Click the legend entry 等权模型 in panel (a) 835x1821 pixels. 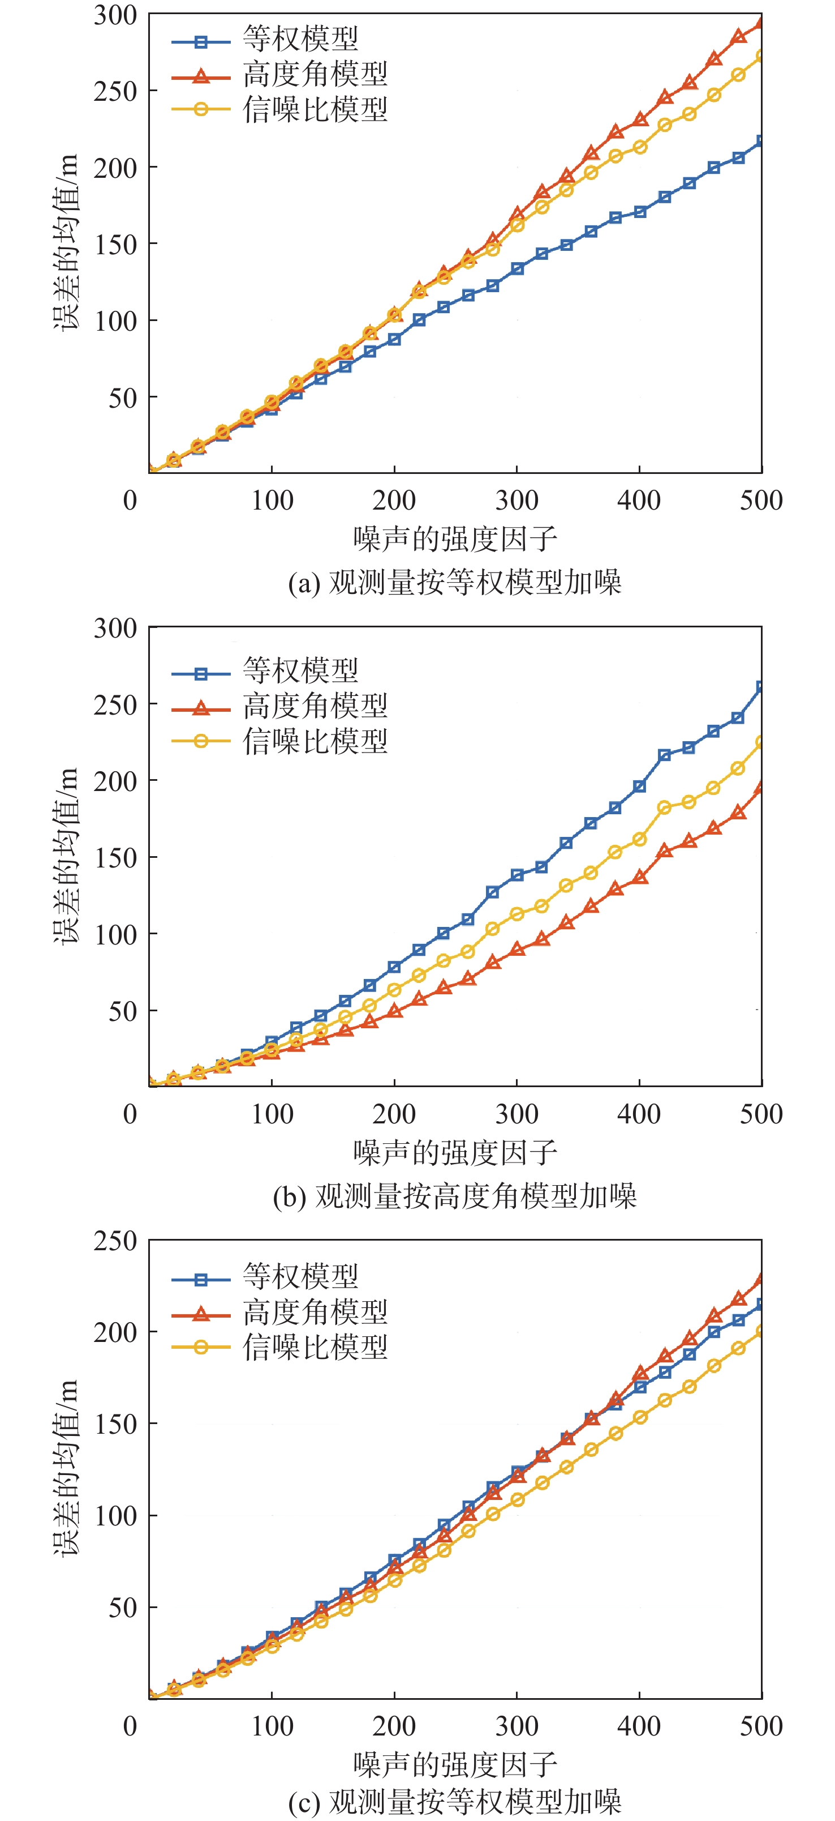click(x=300, y=39)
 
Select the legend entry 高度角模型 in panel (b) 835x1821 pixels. click(x=315, y=706)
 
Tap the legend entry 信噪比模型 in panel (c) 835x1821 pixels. click(x=315, y=1346)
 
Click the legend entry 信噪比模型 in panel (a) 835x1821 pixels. click(x=315, y=110)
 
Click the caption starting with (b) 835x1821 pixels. click(x=454, y=1195)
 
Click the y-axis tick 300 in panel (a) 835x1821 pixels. click(x=115, y=15)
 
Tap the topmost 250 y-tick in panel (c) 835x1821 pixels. click(x=115, y=1241)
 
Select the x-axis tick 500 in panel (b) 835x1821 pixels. click(x=761, y=1114)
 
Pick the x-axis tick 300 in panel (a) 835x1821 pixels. click(x=517, y=501)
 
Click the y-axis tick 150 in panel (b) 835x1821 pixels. click(x=115, y=857)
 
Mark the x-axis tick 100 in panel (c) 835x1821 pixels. click(x=272, y=1726)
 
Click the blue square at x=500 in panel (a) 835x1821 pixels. click(x=761, y=142)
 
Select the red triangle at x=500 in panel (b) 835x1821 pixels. click(x=761, y=788)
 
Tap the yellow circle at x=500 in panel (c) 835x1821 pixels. click(x=761, y=1331)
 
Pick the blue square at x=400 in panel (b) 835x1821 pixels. click(x=639, y=786)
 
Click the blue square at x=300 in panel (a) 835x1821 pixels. click(x=517, y=268)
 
